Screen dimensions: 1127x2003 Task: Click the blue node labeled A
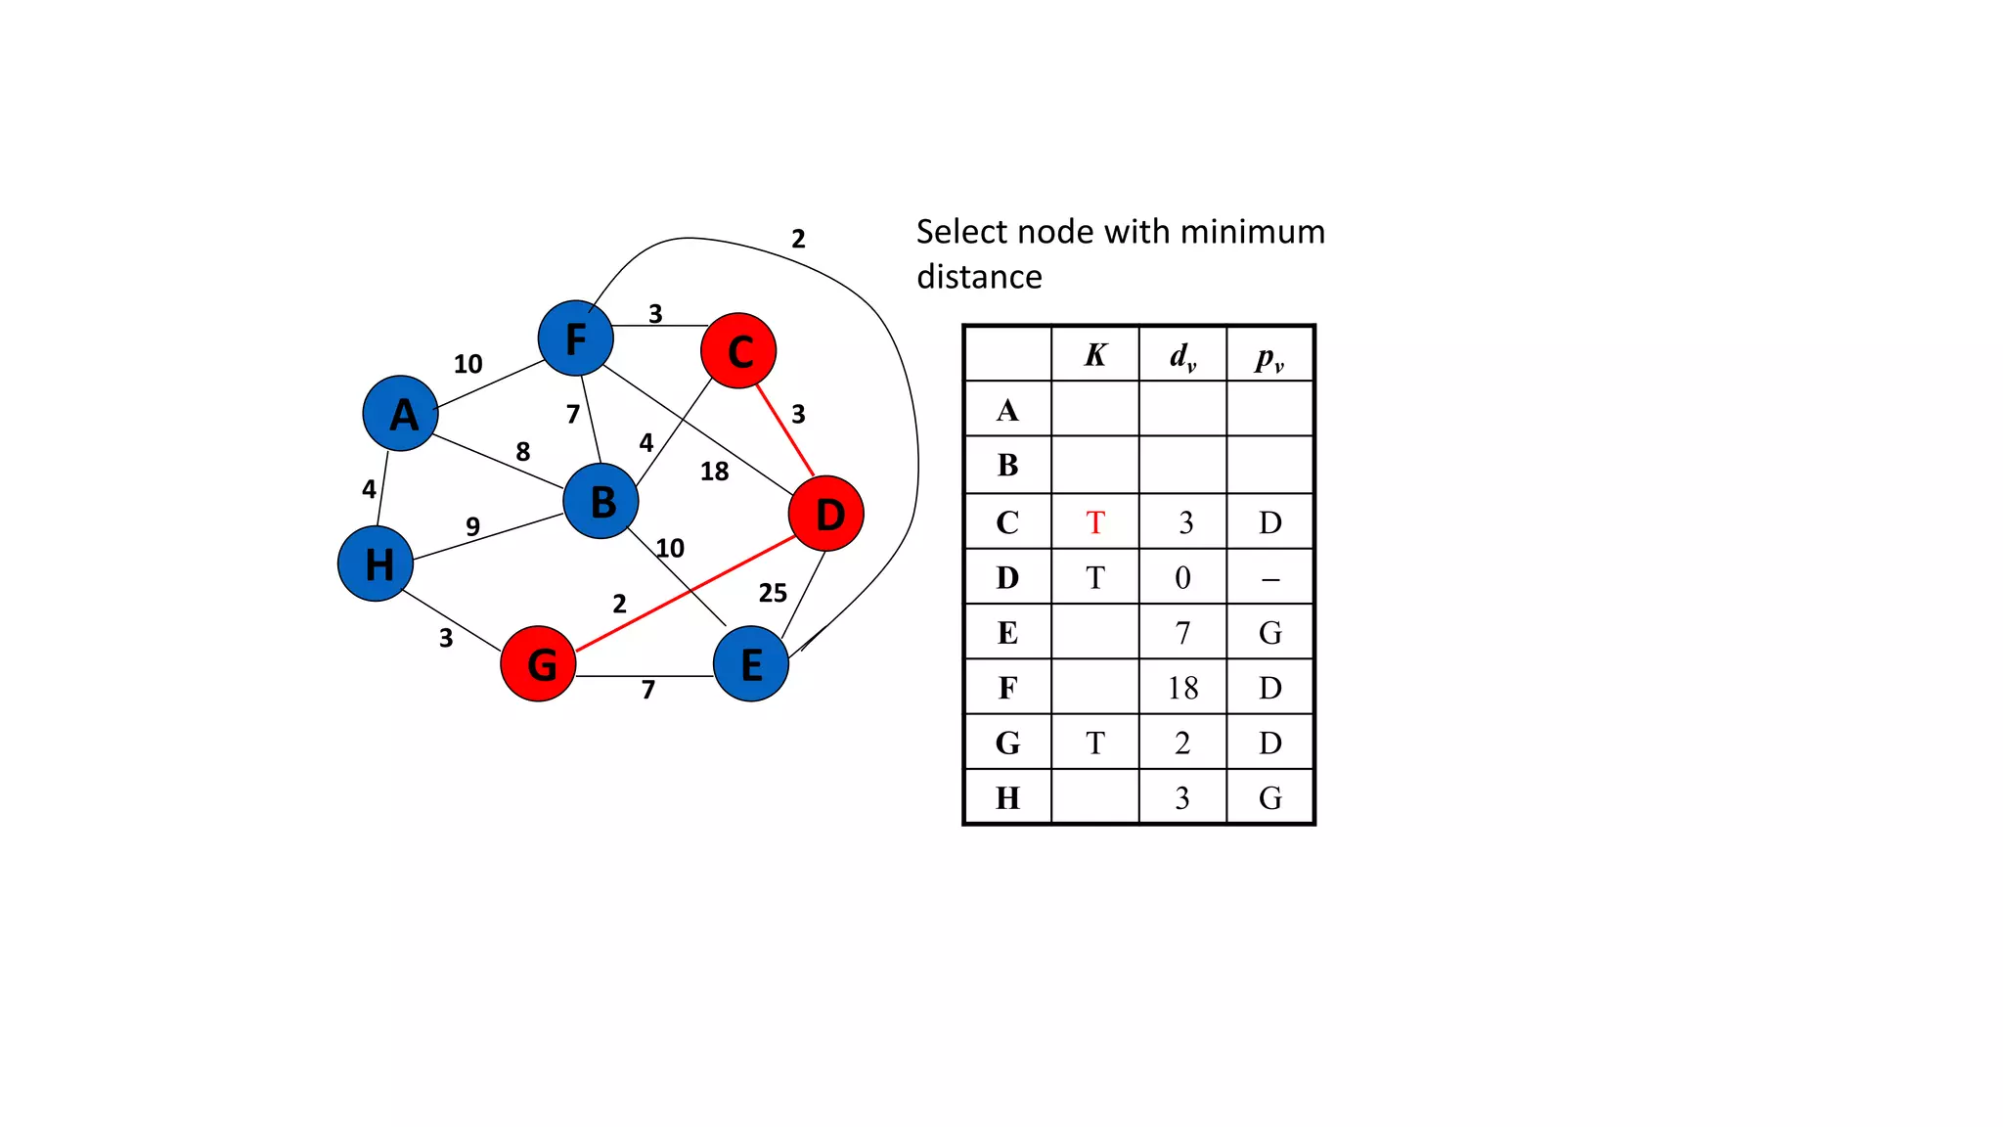(x=400, y=414)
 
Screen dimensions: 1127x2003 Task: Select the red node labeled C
(x=738, y=351)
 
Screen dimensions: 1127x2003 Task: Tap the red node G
(x=538, y=664)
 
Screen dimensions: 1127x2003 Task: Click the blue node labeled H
(x=376, y=563)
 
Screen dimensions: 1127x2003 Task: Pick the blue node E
(x=751, y=664)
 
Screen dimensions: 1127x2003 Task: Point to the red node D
(x=826, y=514)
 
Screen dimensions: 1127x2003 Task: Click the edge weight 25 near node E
(x=773, y=593)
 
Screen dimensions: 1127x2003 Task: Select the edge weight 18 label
(x=714, y=472)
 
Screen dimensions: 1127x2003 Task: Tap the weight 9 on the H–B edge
(x=472, y=526)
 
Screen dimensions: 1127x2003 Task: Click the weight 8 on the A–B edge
(x=523, y=451)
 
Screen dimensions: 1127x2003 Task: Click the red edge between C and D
(x=785, y=431)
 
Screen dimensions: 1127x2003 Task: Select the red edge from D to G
(x=685, y=593)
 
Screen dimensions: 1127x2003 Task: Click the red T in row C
(x=1095, y=522)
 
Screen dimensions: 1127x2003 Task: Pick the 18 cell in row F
(x=1182, y=688)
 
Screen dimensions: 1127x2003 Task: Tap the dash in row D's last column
(x=1269, y=579)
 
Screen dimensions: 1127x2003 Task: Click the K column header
(x=1095, y=355)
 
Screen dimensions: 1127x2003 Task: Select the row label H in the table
(x=1007, y=798)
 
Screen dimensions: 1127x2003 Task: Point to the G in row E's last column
(x=1269, y=633)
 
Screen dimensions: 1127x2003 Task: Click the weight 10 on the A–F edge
(x=467, y=364)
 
